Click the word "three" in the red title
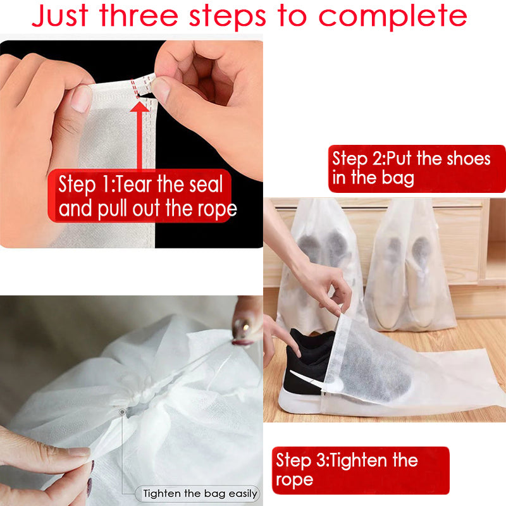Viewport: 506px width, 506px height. click(139, 15)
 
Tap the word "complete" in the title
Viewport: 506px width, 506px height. click(393, 17)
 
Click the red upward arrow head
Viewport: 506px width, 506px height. click(139, 107)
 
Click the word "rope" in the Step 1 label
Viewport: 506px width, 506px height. click(217, 210)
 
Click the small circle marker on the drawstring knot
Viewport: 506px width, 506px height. click(122, 412)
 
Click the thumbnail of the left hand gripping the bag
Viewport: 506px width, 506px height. click(80, 99)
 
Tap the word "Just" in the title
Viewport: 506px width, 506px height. click(60, 16)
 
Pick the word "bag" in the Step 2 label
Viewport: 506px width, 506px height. click(398, 178)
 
